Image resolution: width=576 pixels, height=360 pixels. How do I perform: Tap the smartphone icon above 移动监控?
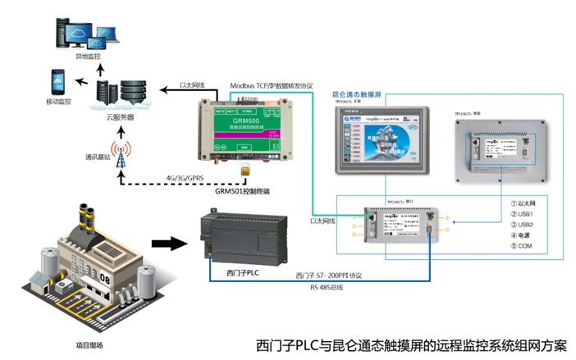pyautogui.click(x=58, y=81)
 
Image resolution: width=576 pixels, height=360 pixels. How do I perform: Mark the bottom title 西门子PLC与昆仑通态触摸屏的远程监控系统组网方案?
pyautogui.click(x=411, y=344)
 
